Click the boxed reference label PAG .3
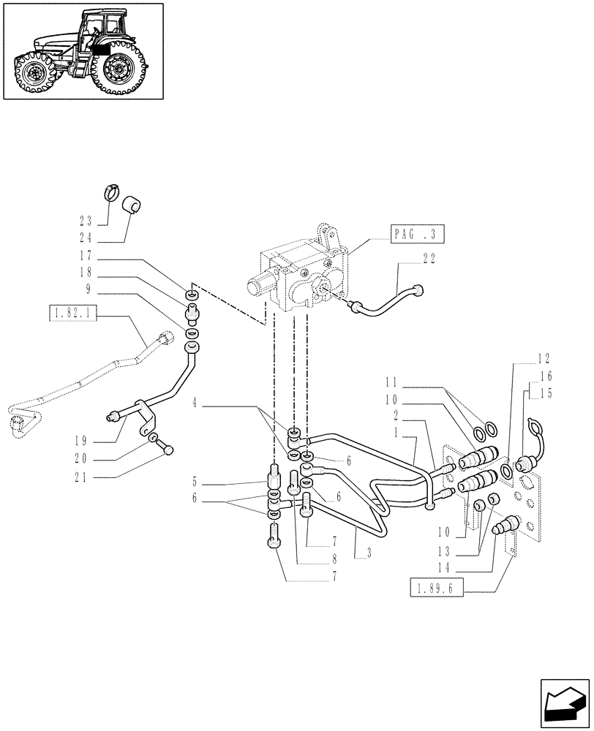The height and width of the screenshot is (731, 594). [413, 235]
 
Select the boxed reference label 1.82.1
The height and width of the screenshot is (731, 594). [73, 314]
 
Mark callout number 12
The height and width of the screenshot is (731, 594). [543, 359]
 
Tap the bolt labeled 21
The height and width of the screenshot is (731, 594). [168, 452]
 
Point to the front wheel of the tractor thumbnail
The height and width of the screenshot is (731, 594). [33, 73]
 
